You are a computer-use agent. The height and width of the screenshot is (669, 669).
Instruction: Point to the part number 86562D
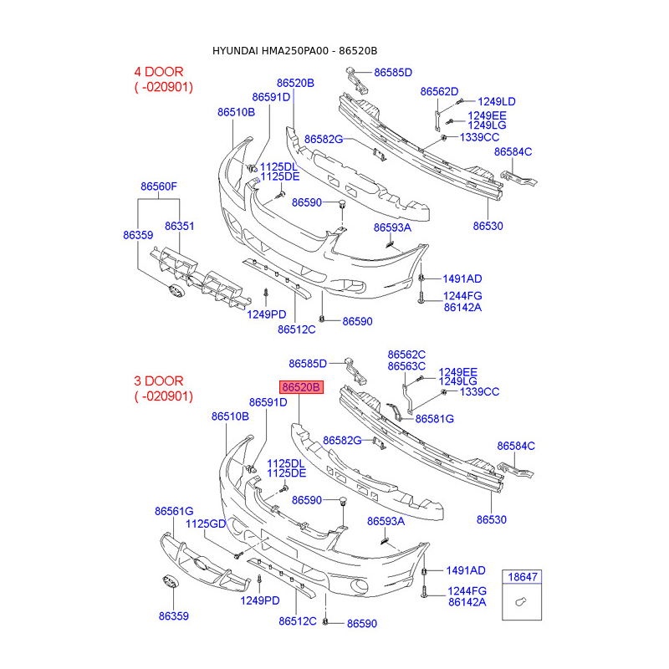coord(440,91)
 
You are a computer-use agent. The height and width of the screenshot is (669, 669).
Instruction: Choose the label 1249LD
coord(497,101)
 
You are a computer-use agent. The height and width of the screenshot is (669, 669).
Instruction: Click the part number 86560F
coord(159,186)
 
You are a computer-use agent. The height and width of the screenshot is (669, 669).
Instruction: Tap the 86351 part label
coord(179,226)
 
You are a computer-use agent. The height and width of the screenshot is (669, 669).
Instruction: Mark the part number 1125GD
coord(206,523)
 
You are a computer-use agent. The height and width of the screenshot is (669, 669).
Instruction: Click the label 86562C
coord(406,355)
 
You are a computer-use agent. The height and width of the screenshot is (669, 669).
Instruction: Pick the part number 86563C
coord(406,365)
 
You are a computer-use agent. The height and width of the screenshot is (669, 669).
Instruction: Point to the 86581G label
coord(435,418)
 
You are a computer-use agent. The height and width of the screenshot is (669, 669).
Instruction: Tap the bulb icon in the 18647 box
coord(520,602)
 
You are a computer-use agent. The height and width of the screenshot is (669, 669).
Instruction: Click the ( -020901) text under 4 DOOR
coord(164,87)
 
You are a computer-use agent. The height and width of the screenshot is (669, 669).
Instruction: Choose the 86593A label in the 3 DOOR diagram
coord(386,521)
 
